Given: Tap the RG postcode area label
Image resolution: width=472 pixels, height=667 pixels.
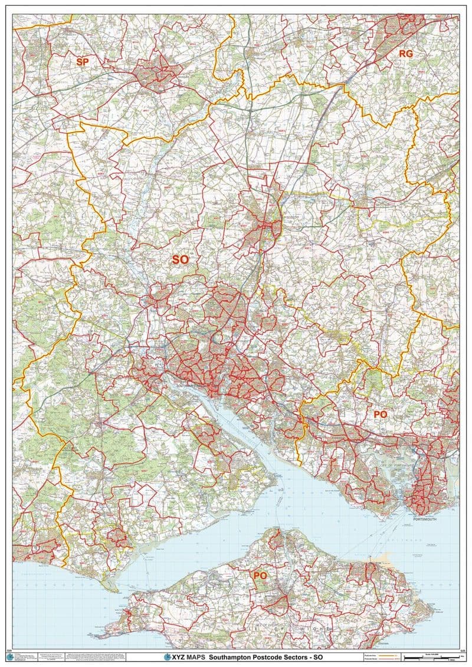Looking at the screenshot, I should click(406, 53).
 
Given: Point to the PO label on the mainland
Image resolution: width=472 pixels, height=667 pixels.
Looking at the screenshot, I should click(381, 415).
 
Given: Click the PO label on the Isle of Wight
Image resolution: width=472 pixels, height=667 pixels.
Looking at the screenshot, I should click(260, 575).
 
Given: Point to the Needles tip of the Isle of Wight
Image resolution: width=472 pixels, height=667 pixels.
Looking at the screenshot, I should click(96, 636).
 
